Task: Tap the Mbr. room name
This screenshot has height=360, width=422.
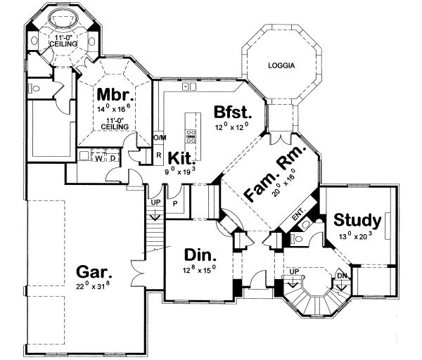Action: click(111, 94)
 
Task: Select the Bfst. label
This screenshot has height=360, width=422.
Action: click(231, 111)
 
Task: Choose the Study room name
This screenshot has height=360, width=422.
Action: click(357, 219)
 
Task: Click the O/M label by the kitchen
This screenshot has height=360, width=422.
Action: click(160, 137)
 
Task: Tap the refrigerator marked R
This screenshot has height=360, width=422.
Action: click(160, 154)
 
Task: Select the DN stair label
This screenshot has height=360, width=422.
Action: click(342, 276)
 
